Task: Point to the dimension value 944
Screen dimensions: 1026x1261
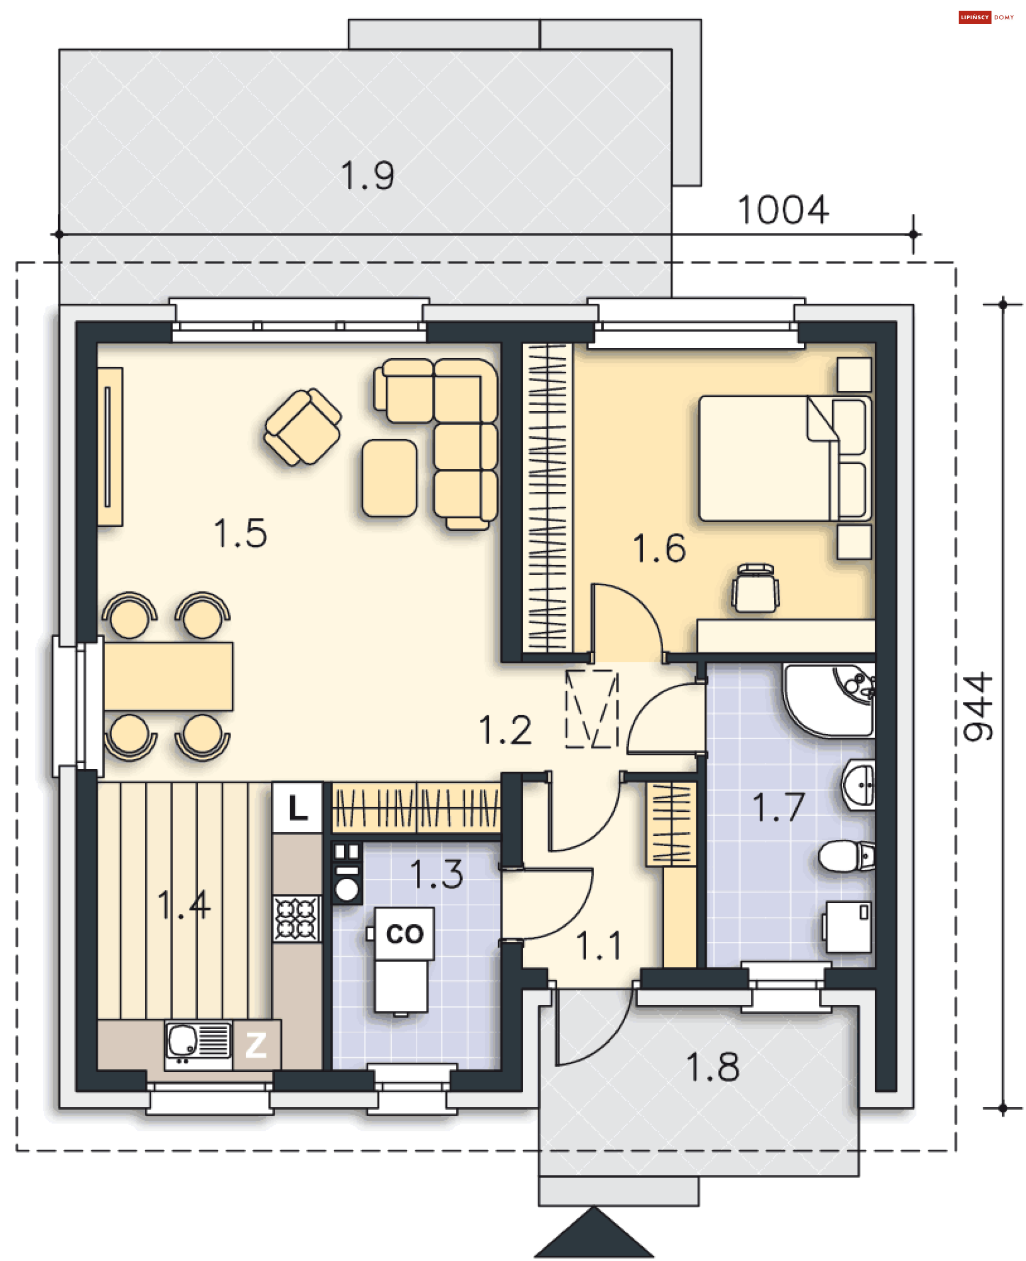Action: click(978, 706)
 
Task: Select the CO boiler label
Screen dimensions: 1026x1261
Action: click(405, 933)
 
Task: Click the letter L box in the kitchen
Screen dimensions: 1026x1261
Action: click(298, 808)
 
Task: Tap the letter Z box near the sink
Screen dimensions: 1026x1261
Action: click(256, 1045)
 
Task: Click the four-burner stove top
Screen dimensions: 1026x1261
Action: click(297, 919)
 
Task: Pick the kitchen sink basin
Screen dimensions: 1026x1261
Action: click(183, 1040)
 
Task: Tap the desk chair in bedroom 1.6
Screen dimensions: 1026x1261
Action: click(755, 587)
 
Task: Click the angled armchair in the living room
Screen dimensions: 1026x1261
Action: click(302, 427)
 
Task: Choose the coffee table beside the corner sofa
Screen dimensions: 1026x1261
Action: click(390, 478)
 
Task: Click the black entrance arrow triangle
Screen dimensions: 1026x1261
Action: click(594, 1234)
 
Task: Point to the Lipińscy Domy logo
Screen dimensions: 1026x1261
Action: click(986, 17)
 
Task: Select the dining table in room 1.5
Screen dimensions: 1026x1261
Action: click(168, 677)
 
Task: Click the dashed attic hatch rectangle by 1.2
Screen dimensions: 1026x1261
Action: click(592, 708)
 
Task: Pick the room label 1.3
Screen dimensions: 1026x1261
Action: click(437, 874)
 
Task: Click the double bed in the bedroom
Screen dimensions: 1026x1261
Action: click(784, 459)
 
